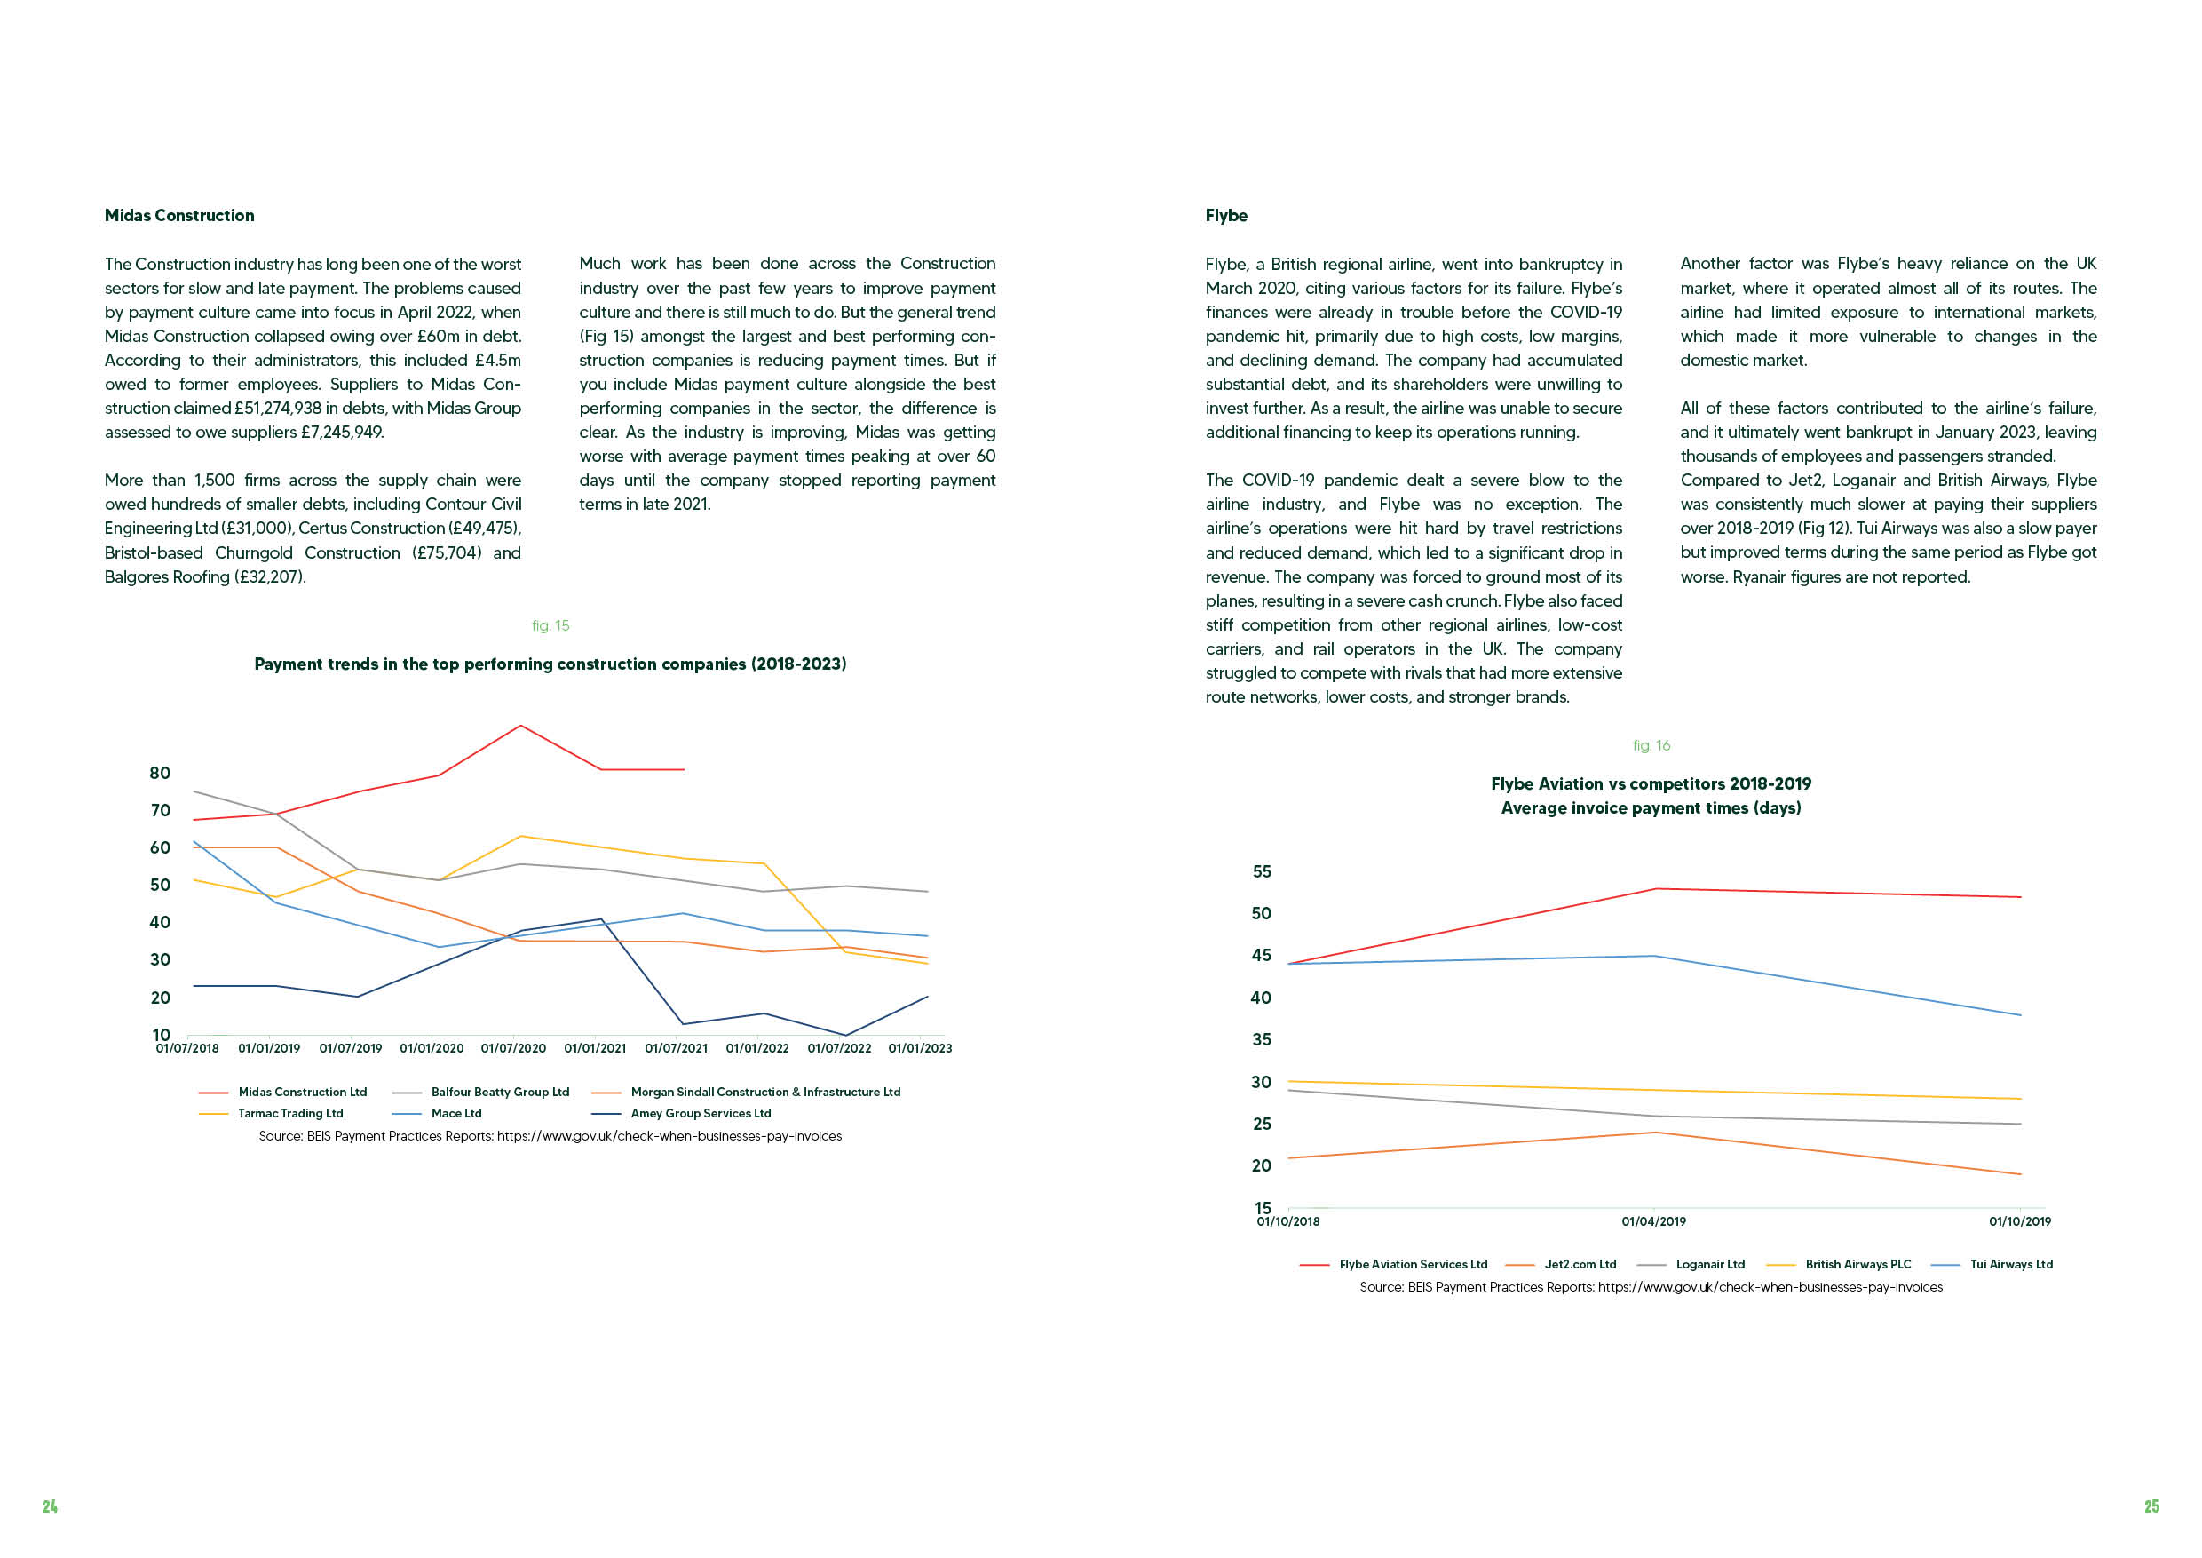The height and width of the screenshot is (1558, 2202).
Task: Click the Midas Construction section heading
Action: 179,216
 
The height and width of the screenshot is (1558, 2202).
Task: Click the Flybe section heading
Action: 1225,216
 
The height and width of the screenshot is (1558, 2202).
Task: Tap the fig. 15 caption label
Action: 550,625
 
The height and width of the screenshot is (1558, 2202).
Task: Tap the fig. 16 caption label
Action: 1651,745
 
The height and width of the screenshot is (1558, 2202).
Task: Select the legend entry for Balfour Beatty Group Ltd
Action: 480,1092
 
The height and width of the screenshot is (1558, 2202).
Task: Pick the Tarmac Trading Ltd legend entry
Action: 271,1114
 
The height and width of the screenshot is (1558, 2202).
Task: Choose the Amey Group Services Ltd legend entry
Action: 681,1114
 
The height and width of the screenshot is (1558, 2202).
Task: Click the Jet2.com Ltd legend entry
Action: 1560,1265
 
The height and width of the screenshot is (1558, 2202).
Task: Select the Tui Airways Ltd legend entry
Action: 1992,1265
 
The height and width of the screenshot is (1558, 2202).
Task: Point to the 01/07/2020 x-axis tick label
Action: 513,1048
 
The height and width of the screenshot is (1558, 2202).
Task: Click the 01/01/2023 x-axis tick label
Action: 921,1048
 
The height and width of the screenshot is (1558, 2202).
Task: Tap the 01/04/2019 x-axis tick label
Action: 1653,1221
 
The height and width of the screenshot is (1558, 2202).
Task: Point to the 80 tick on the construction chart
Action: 160,774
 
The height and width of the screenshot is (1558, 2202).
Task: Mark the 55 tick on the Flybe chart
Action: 1261,871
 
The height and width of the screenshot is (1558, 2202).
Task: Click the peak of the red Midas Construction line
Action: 521,726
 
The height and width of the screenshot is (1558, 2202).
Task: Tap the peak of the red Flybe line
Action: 1655,889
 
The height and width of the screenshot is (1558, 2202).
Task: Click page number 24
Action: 50,1506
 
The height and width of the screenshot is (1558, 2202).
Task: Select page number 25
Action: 2152,1506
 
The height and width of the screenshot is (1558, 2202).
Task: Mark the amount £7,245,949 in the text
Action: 342,433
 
